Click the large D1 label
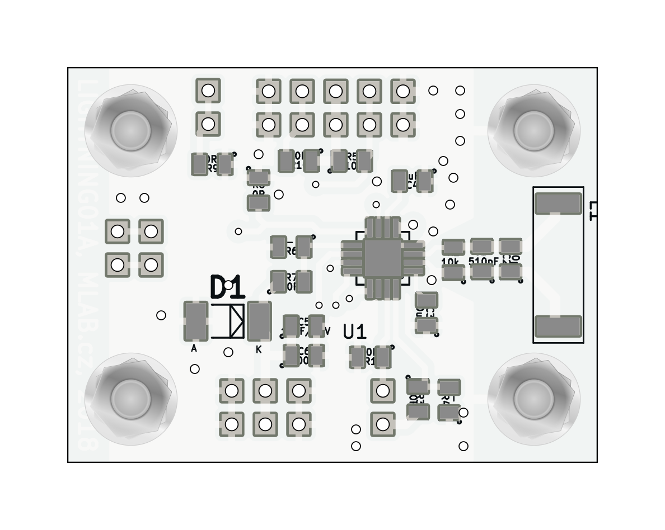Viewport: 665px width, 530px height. [227, 287]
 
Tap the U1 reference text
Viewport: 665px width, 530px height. [354, 332]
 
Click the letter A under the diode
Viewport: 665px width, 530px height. [194, 348]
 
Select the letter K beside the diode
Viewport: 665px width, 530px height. [259, 349]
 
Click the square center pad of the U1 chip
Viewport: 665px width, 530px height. [382, 258]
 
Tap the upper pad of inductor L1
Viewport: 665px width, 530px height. [558, 204]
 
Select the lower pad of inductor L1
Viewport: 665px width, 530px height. [558, 326]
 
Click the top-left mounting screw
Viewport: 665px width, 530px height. [131, 131]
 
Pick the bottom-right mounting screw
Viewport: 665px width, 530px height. [533, 399]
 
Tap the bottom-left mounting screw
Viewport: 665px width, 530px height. [131, 399]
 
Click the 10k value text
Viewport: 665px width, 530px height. [451, 261]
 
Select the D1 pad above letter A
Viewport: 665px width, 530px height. [196, 321]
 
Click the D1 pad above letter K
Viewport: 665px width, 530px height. [259, 321]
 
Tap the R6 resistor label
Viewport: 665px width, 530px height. [291, 252]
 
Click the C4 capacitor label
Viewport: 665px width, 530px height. [412, 184]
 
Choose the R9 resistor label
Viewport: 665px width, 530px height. [212, 168]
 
